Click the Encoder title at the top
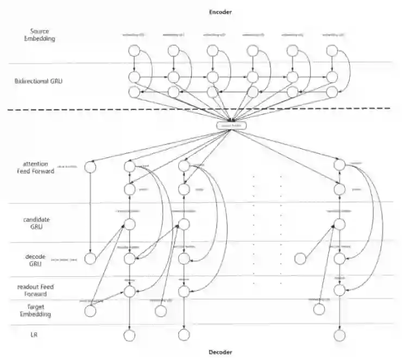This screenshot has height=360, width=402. (x=221, y=11)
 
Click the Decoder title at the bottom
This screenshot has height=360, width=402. (x=221, y=352)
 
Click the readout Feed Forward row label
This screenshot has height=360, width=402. (x=43, y=290)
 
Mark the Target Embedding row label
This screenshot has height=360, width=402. (x=40, y=311)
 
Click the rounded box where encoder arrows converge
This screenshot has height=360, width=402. (x=233, y=126)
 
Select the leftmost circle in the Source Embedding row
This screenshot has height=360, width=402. (x=135, y=52)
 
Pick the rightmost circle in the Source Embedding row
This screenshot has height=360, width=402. (x=332, y=52)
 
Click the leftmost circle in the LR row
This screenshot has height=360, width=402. (x=129, y=335)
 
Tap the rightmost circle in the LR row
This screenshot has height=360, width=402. (x=340, y=335)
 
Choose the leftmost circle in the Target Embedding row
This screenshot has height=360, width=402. (x=91, y=312)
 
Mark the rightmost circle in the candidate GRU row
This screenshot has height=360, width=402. (x=340, y=224)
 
